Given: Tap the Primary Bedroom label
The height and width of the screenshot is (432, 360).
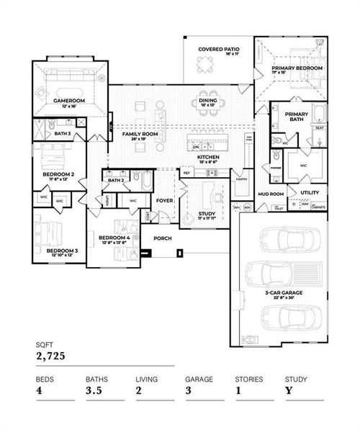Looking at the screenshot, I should [297, 68].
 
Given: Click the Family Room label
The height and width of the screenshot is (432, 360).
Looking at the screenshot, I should [139, 134].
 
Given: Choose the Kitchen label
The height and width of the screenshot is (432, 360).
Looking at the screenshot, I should [208, 156].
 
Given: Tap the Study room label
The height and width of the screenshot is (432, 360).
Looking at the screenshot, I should [206, 214].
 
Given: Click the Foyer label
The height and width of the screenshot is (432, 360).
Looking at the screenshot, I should [166, 202].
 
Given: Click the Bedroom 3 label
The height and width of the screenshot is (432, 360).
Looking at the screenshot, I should [62, 251].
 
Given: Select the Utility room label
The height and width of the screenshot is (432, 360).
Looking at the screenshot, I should [310, 192].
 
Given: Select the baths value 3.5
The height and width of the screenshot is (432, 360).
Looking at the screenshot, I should [94, 390].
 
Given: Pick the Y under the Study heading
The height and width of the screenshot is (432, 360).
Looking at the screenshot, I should [288, 390].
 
